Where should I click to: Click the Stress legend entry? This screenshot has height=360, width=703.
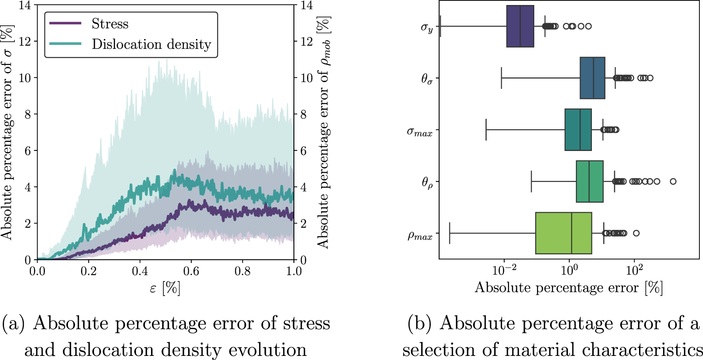coord(110,24)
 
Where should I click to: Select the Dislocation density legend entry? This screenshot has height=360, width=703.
coord(151,44)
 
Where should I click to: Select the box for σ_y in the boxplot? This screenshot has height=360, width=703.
coord(520,26)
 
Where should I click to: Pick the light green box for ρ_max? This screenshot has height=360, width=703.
coord(563,233)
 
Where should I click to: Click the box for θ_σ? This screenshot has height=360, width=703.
coord(592,78)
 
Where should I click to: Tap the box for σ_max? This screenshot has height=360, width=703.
coord(578,130)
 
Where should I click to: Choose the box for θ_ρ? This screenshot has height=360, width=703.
coord(590,181)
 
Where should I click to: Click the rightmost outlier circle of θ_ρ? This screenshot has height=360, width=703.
coord(673,181)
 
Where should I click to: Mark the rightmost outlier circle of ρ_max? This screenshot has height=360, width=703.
coord(636,233)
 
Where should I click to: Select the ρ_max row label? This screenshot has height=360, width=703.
coord(420,235)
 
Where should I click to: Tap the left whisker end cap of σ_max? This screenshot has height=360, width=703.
coord(486,130)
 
